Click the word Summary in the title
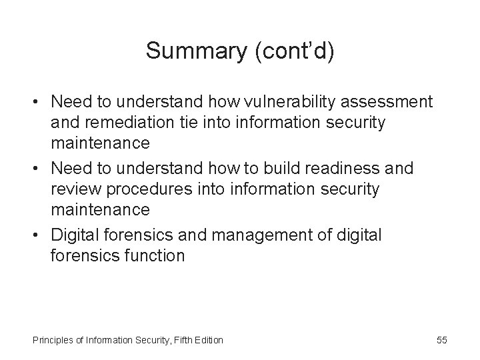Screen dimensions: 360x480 tap(198, 51)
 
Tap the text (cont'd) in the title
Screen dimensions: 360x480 tap(295, 51)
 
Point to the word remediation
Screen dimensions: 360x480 tap(132, 123)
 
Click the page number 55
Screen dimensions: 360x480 tap(442, 340)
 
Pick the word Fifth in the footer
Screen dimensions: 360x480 tap(180, 341)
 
